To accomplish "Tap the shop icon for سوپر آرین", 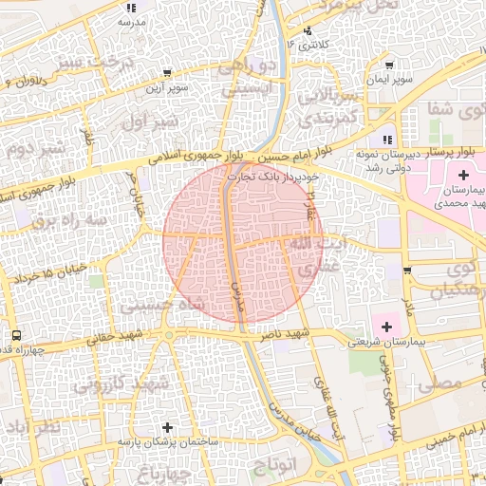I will [x=167, y=73].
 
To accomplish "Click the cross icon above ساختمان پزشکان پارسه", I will [x=168, y=428].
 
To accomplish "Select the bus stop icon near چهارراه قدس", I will [x=16, y=335].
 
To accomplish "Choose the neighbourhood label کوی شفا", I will [x=456, y=110].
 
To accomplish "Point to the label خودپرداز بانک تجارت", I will [x=270, y=174].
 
